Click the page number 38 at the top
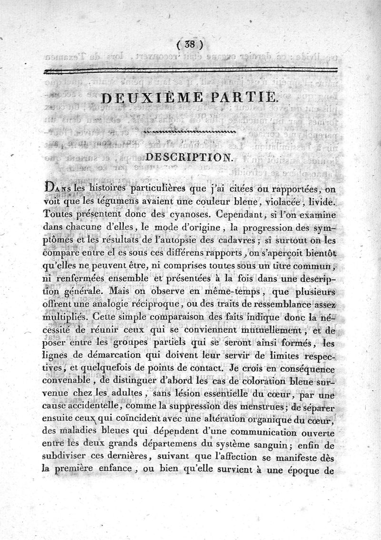[190, 45]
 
